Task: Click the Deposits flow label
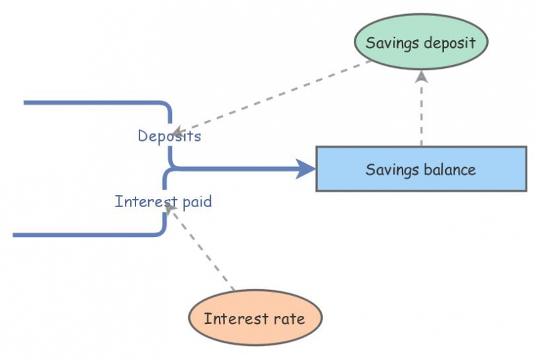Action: (x=170, y=136)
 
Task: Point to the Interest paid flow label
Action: (x=163, y=201)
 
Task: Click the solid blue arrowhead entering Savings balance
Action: (x=306, y=168)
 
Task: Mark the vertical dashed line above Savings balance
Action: (x=421, y=114)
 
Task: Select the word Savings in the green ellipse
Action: (x=392, y=43)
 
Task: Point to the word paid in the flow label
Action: (x=197, y=201)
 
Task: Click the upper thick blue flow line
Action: (x=93, y=103)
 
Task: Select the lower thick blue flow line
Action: (x=87, y=235)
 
